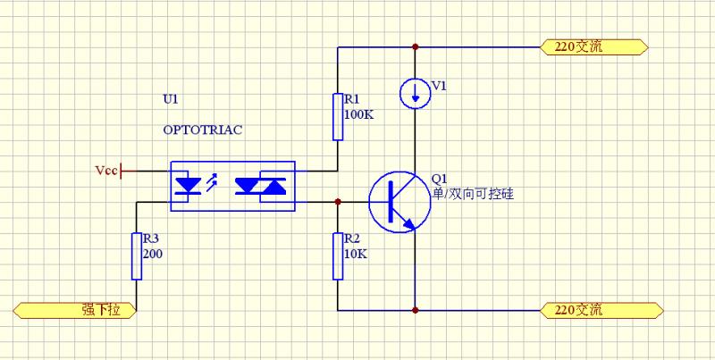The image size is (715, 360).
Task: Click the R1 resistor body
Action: coord(338,116)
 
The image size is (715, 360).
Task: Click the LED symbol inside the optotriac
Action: coord(189,186)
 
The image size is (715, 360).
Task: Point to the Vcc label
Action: coord(105,169)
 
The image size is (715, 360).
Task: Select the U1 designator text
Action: coord(171,96)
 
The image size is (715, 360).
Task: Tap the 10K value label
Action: coord(355,254)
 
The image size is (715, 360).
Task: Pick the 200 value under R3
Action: coord(152,254)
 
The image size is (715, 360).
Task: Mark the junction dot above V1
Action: coord(415,46)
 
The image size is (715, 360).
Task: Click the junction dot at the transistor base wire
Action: coord(338,202)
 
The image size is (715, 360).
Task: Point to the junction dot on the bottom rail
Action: coord(415,310)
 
